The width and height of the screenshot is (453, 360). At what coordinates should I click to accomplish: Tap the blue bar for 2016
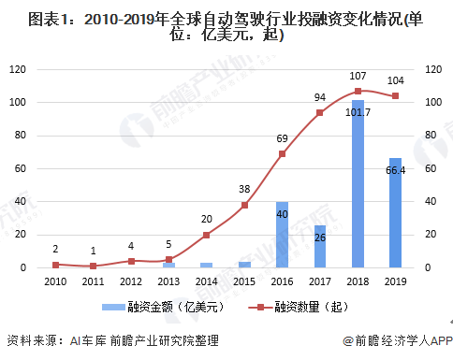[282, 235]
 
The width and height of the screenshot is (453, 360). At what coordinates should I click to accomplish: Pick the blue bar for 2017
[319, 246]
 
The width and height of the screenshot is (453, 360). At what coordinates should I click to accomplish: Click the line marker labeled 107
[358, 91]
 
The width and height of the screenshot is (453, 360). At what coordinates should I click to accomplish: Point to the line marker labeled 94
[320, 112]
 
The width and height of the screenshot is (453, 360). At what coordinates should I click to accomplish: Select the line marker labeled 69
[282, 153]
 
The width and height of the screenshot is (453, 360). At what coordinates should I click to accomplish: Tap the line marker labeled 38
[244, 205]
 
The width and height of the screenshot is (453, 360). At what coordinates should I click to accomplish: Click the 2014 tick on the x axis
[206, 280]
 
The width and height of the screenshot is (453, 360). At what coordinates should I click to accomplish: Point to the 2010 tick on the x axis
[54, 280]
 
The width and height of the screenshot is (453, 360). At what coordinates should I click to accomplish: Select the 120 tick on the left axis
[18, 68]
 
